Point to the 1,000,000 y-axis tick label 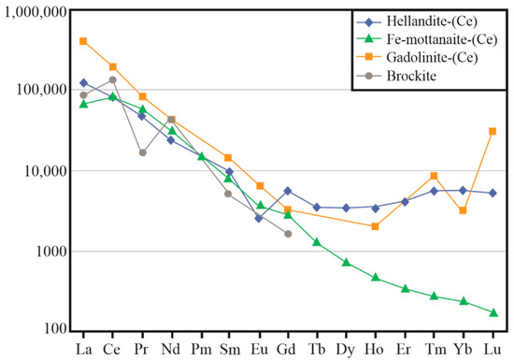35,11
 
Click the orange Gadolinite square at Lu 493,131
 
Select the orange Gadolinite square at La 83,41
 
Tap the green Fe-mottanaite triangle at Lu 493,312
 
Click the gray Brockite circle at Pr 142,152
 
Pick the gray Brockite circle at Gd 288,234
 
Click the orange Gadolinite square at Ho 376,226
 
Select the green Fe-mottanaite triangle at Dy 346,263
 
